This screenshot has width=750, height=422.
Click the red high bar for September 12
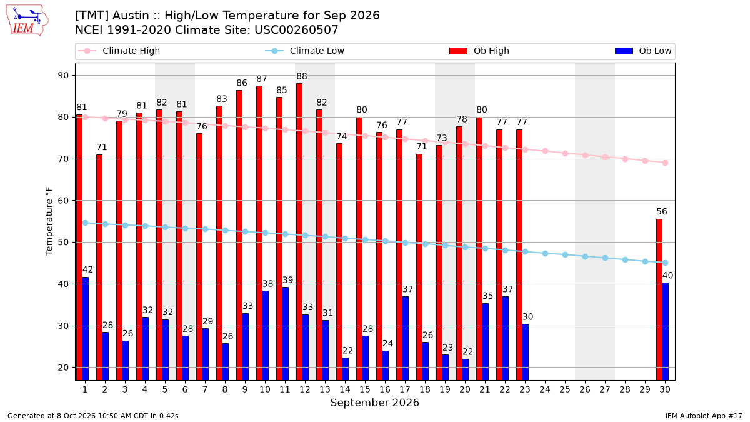(299, 232)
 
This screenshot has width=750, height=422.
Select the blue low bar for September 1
(86, 329)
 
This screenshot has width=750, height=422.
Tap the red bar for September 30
(659, 299)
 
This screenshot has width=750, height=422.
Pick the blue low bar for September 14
(345, 369)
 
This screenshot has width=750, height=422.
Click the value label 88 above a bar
(302, 76)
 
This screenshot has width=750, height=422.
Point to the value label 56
(662, 212)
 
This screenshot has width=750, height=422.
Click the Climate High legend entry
(119, 51)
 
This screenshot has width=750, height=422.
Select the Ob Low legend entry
(643, 51)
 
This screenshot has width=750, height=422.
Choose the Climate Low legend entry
(305, 51)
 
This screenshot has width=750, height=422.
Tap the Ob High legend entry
(479, 51)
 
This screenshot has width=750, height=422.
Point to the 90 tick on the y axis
(63, 76)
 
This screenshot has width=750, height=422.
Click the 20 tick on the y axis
(63, 368)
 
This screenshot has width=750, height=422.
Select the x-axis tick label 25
(565, 390)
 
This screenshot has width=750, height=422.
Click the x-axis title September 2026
(374, 403)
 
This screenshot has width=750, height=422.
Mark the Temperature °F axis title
(49, 221)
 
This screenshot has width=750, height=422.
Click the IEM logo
(27, 21)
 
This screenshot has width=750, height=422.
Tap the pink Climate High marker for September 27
(605, 157)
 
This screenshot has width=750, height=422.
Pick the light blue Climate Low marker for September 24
(545, 254)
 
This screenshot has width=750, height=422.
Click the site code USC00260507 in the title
(296, 30)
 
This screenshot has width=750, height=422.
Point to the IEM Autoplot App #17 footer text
(704, 416)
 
